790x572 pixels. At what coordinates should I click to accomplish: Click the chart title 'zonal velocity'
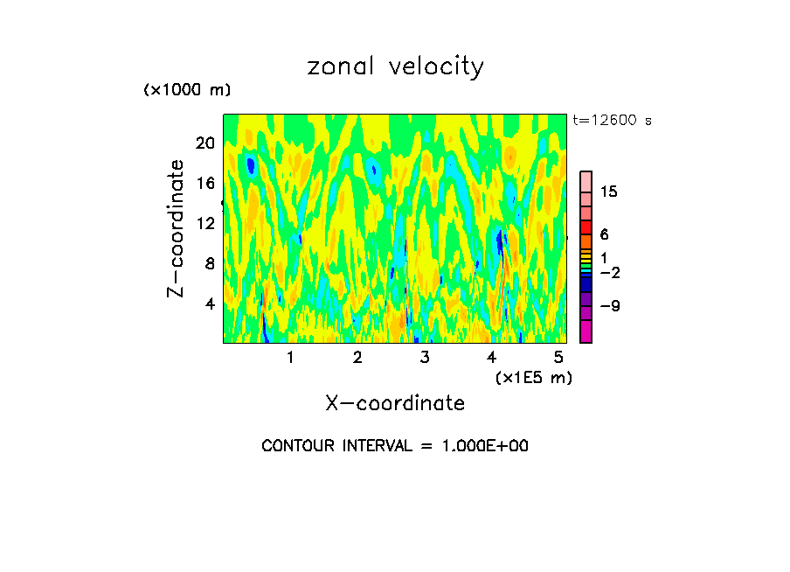pos(395,66)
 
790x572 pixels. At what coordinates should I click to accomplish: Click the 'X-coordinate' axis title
pos(395,402)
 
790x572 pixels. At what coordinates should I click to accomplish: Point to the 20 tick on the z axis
pos(205,143)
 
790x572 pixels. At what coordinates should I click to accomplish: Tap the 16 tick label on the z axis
pos(205,183)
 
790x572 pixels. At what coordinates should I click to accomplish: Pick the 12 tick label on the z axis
pos(205,223)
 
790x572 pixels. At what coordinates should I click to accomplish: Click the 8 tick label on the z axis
pos(210,263)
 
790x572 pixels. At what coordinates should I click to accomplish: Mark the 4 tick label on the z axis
pos(210,303)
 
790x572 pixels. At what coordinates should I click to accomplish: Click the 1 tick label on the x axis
pos(290,358)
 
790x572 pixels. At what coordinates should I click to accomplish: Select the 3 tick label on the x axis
pos(425,358)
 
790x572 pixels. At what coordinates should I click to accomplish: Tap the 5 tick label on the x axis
pos(559,358)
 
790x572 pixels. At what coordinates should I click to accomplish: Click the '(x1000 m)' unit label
pos(187,91)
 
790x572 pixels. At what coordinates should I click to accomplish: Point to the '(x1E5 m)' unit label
pos(533,377)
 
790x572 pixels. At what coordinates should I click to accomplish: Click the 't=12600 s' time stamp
pos(612,121)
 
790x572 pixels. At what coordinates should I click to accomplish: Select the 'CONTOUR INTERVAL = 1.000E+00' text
pos(395,446)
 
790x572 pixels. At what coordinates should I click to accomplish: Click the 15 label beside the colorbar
pos(608,192)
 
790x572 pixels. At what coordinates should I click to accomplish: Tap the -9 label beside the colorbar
pos(608,306)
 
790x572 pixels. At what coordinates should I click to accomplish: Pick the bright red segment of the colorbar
pos(586,227)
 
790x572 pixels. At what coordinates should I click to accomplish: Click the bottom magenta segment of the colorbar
pos(586,331)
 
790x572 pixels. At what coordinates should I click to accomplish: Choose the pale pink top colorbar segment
pos(586,180)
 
